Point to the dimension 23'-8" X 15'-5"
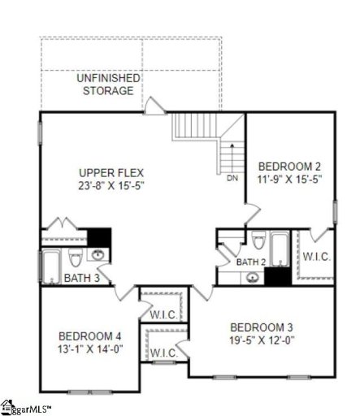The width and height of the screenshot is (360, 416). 109,185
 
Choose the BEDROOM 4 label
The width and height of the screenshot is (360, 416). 89,336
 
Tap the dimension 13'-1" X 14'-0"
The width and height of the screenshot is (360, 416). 89,349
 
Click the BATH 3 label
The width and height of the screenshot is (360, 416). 82,278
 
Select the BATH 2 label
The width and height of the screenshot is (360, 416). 251,262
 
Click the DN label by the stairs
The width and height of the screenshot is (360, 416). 232,178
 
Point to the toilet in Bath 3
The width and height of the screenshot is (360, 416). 76,258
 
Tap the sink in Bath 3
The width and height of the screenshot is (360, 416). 98,256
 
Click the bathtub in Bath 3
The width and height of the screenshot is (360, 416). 51,264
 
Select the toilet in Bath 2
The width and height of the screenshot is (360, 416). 258,240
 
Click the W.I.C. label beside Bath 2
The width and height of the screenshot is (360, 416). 315,257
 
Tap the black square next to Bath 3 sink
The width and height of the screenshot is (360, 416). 99,236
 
